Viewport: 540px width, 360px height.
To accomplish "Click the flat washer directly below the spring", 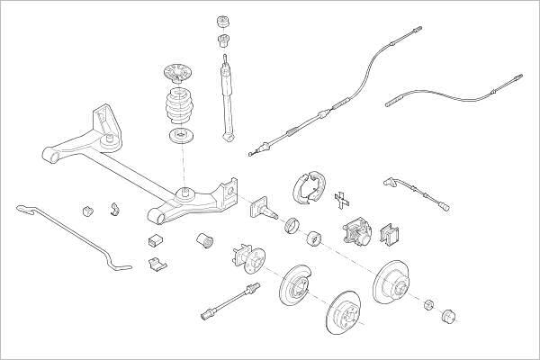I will [x=183, y=138].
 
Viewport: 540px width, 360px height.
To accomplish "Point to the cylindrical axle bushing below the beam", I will [x=204, y=242].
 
